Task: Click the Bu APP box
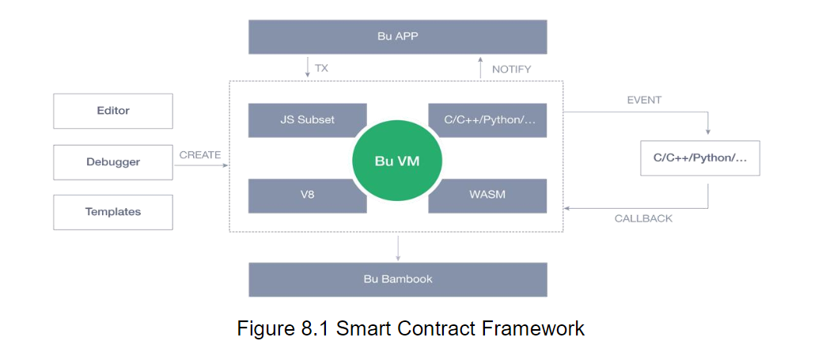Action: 397,36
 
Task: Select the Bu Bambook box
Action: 397,279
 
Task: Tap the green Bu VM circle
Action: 397,161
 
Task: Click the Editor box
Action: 113,111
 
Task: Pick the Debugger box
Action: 113,162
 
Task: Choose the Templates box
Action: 113,212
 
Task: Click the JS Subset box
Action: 307,119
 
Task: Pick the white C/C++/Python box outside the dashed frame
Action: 699,158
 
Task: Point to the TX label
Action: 321,69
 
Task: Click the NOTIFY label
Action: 511,70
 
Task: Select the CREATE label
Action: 199,155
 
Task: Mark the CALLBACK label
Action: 643,218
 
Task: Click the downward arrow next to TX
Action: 308,67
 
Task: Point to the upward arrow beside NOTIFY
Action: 480,67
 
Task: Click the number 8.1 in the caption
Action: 312,328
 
